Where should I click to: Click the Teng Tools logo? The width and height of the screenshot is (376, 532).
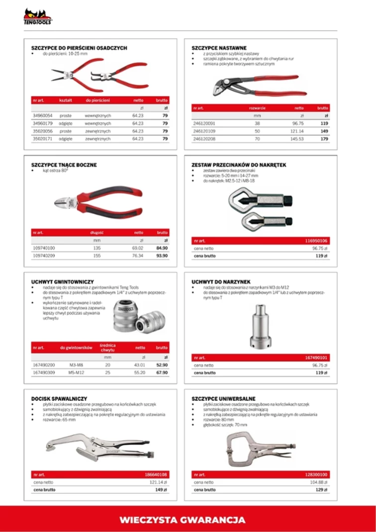click(x=38, y=17)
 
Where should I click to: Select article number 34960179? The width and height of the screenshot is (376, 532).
click(x=43, y=123)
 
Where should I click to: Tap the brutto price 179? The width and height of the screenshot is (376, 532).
click(x=324, y=139)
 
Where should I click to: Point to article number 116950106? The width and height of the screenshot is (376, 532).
click(x=316, y=240)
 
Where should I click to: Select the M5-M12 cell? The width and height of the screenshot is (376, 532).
click(x=77, y=372)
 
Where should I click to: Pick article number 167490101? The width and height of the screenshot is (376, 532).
click(x=316, y=357)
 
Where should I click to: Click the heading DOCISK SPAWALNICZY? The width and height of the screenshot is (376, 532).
click(x=59, y=399)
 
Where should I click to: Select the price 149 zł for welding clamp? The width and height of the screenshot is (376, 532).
click(x=162, y=490)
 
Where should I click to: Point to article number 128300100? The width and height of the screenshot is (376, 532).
click(x=316, y=474)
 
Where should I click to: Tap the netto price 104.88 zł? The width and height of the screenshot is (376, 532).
click(x=318, y=482)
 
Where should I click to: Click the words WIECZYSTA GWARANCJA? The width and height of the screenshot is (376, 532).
click(x=183, y=520)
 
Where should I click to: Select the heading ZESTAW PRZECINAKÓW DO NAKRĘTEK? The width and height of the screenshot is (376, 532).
click(x=239, y=165)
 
